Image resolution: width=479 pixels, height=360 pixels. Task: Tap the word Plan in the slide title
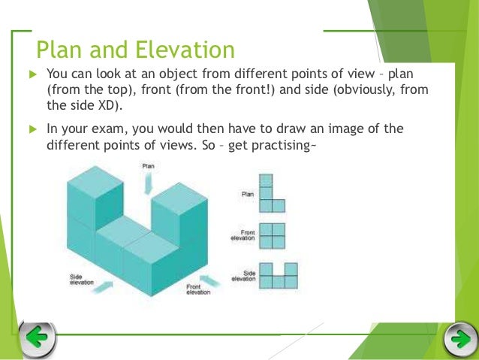point(62,50)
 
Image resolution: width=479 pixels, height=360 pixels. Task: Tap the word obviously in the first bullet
point(360,90)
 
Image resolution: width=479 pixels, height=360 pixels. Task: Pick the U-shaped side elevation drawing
point(277,277)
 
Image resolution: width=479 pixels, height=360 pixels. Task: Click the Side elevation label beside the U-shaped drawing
point(244,276)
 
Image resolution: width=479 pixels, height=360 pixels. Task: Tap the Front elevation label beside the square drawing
point(244,235)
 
